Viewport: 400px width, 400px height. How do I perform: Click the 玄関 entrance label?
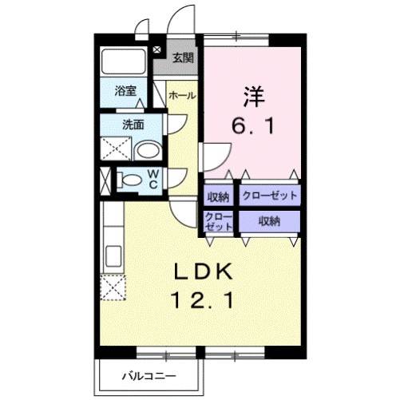(182, 57)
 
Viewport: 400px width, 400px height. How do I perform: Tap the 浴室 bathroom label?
(124, 90)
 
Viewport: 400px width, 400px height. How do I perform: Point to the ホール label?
(182, 94)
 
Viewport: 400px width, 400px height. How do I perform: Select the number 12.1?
(202, 301)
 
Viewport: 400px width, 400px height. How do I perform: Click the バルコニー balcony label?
(146, 374)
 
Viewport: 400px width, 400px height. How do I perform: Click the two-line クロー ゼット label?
(217, 221)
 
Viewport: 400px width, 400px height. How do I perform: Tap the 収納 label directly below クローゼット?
(268, 221)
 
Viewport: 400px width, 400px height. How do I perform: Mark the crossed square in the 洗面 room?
(113, 149)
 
